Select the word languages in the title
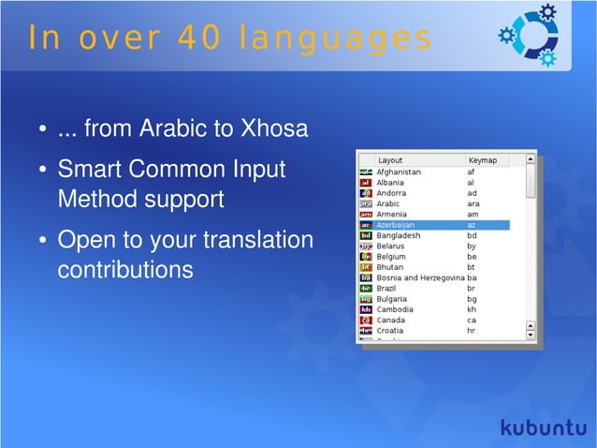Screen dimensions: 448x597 [335, 38]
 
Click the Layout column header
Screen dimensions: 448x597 [390, 160]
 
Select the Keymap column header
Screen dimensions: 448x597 [483, 160]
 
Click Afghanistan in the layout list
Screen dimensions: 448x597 [399, 172]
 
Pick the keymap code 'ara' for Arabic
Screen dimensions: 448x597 [473, 203]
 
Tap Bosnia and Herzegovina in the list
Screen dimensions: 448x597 [420, 278]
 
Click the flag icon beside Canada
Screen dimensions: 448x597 [366, 321]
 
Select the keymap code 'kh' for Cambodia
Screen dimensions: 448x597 [472, 309]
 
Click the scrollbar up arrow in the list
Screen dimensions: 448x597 [531, 161]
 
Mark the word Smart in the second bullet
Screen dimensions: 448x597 [87, 171]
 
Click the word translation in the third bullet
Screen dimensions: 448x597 [257, 240]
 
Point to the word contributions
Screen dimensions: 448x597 [124, 270]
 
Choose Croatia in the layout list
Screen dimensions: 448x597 [392, 331]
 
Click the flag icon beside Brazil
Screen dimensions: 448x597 [366, 289]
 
